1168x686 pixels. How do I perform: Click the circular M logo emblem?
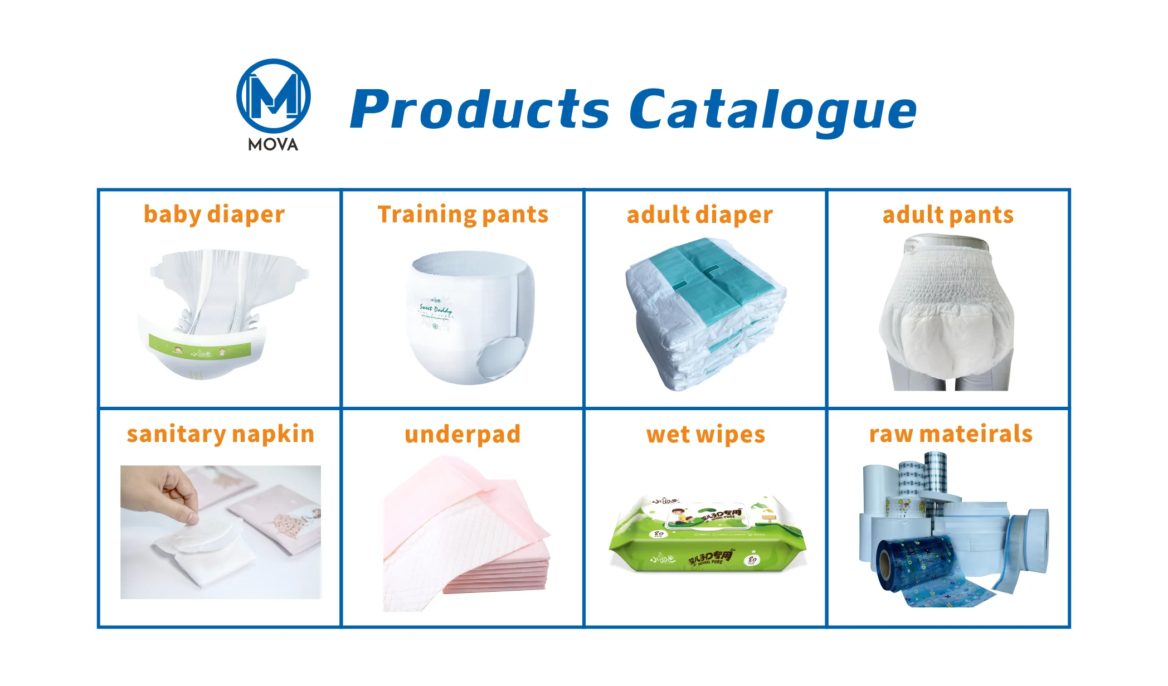pyautogui.click(x=273, y=96)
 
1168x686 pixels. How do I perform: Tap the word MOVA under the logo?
pyautogui.click(x=273, y=145)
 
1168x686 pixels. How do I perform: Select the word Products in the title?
pyautogui.click(x=480, y=109)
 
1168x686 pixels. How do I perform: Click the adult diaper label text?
pyautogui.click(x=699, y=215)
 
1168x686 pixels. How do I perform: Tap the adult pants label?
pyautogui.click(x=948, y=215)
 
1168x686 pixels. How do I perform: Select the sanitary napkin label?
pyautogui.click(x=221, y=435)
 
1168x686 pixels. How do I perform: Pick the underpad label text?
pyautogui.click(x=463, y=435)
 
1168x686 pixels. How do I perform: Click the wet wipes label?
pyautogui.click(x=705, y=435)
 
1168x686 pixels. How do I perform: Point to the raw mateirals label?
pyautogui.click(x=951, y=435)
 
